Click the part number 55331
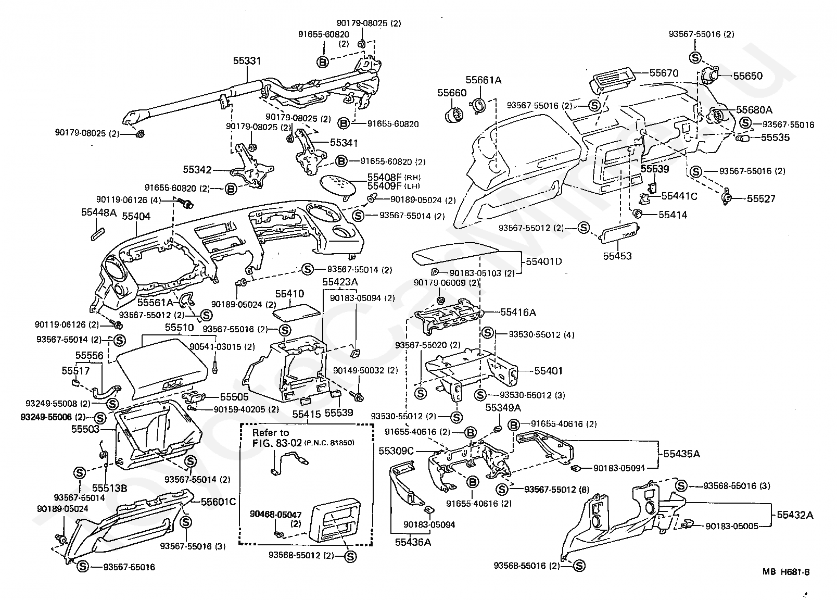tap(247, 61)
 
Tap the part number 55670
tap(664, 73)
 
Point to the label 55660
tap(452, 93)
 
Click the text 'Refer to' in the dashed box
tap(271, 433)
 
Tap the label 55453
tap(617, 256)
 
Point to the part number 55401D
tap(543, 261)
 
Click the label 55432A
tap(795, 515)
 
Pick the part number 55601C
tap(218, 502)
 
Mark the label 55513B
tap(109, 488)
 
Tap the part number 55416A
tap(518, 312)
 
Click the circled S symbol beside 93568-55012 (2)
tap(350, 557)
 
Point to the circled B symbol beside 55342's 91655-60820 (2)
tap(231, 189)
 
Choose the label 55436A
tap(413, 542)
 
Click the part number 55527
tap(761, 199)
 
